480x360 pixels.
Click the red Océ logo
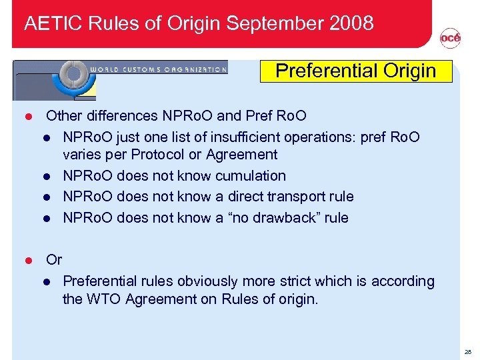click(450, 39)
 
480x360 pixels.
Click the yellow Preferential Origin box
click(355, 71)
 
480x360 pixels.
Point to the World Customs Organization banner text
click(158, 69)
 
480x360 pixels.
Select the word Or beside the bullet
click(54, 260)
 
